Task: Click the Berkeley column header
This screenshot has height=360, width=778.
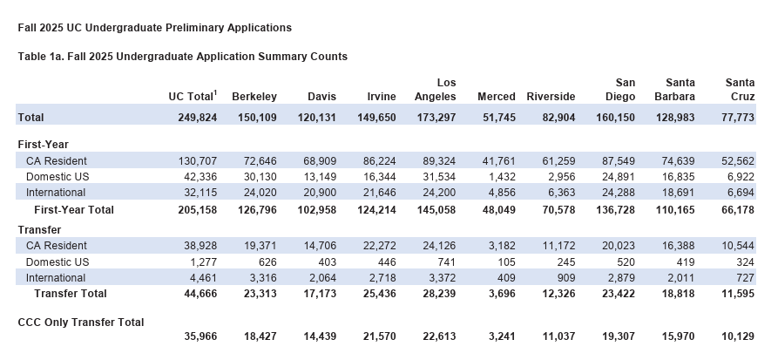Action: [x=254, y=97]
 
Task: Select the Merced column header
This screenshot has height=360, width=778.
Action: [x=497, y=97]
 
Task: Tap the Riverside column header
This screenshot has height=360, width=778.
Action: [x=551, y=97]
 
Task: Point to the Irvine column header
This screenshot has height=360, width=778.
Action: [x=382, y=97]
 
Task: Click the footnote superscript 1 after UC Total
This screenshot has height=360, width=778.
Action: [x=215, y=92]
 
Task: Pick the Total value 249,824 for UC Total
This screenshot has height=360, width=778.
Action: [x=198, y=118]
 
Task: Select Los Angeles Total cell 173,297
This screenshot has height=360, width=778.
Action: [x=436, y=118]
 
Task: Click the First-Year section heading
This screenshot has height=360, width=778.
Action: [x=44, y=145]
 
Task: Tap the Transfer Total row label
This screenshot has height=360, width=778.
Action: [x=71, y=294]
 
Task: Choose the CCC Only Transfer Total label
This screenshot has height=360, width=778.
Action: [x=81, y=323]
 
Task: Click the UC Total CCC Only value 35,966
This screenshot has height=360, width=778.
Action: [x=200, y=336]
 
